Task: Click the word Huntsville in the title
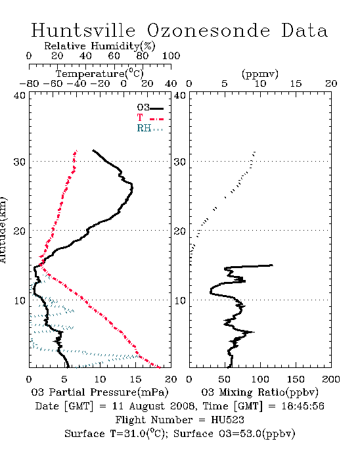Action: tap(83, 30)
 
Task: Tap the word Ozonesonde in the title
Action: tap(208, 30)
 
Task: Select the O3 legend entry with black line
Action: tap(150, 108)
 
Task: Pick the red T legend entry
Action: tap(150, 118)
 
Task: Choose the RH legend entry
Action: tap(150, 129)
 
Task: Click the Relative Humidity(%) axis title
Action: tap(100, 46)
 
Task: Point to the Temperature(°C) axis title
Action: tap(100, 74)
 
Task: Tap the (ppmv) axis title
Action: tap(259, 74)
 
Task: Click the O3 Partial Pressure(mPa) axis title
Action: tap(100, 392)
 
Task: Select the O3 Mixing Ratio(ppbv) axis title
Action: tap(259, 392)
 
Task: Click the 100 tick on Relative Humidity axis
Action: tap(171, 56)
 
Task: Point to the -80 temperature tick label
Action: tap(30, 83)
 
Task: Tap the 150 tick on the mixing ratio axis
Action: tap(296, 379)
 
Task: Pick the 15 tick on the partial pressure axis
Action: tap(135, 379)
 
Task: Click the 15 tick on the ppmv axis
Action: tap(296, 83)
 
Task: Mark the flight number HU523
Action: tap(227, 420)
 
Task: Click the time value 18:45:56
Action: tap(303, 406)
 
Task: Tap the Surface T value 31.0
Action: tap(135, 434)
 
